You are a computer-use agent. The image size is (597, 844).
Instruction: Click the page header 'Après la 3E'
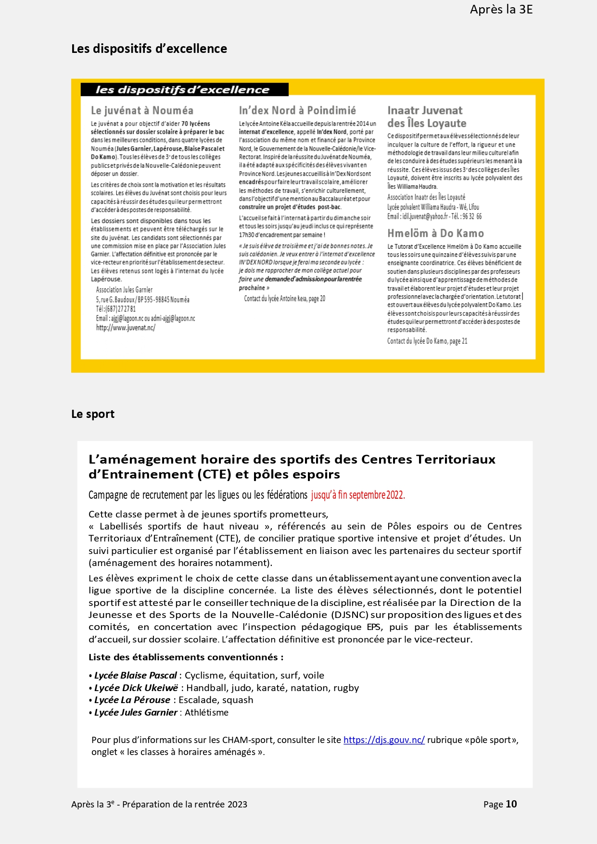pyautogui.click(x=501, y=10)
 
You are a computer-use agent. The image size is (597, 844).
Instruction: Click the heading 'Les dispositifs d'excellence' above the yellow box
pyautogui.click(x=149, y=49)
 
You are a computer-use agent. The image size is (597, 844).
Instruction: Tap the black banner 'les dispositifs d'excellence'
pyautogui.click(x=182, y=90)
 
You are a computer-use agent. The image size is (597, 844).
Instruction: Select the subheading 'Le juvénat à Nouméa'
pyautogui.click(x=142, y=111)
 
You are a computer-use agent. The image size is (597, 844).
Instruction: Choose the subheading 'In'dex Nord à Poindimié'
pyautogui.click(x=297, y=111)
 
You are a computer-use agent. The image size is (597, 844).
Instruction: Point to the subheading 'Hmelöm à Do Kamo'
pyautogui.click(x=435, y=233)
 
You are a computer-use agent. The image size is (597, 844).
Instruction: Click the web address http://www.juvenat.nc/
pyautogui.click(x=126, y=328)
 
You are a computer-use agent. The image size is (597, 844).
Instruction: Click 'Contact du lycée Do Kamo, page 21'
pyautogui.click(x=427, y=341)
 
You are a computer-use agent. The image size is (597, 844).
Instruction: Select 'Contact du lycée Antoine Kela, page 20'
pyautogui.click(x=284, y=299)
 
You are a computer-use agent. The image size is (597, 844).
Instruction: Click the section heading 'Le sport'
pyautogui.click(x=93, y=414)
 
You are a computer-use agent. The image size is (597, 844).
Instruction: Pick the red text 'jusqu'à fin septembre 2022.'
pyautogui.click(x=358, y=495)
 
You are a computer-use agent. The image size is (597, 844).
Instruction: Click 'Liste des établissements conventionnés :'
pyautogui.click(x=186, y=657)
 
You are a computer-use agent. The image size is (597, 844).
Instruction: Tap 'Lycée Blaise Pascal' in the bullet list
pyautogui.click(x=136, y=675)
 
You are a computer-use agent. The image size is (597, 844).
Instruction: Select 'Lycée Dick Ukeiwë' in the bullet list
pyautogui.click(x=136, y=688)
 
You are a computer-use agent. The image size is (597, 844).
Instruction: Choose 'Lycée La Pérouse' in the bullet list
pyautogui.click(x=132, y=700)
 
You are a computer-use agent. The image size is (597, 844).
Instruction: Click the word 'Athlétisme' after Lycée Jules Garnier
pyautogui.click(x=206, y=712)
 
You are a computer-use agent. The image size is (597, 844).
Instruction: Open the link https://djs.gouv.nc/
pyautogui.click(x=384, y=740)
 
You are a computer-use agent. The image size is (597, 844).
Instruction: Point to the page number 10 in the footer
pyautogui.click(x=511, y=804)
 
